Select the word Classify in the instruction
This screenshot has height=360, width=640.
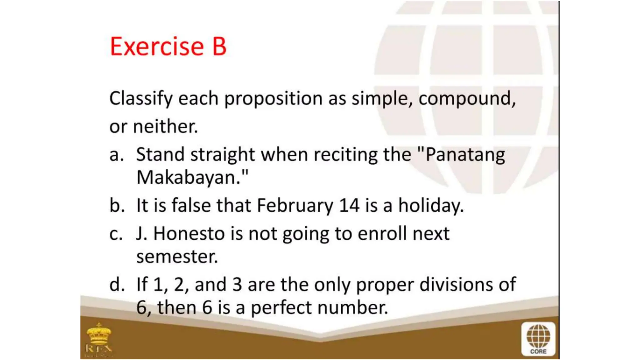[x=141, y=99]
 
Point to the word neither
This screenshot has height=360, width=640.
[x=166, y=127]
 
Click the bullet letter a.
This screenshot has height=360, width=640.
[x=116, y=155]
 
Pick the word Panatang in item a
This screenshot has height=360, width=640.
[x=465, y=155]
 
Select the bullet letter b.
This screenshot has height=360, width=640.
[x=117, y=206]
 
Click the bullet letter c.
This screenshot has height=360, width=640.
[x=116, y=234]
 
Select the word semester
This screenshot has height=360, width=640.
[x=177, y=257]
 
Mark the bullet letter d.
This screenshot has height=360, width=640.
[x=117, y=285]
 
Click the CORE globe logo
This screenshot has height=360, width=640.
[x=538, y=339]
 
